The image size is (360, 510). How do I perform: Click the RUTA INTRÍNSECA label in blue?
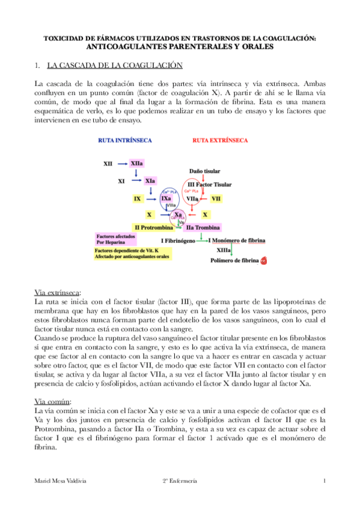tap(125, 140)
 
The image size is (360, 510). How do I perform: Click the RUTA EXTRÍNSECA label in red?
tap(219, 140)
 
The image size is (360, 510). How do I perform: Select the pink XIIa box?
tap(136, 163)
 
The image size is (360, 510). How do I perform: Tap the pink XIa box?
tap(150, 180)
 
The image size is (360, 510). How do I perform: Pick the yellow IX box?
tap(138, 198)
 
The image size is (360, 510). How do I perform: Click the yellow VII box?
tap(216, 198)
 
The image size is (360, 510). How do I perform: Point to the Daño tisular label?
tap(204, 171)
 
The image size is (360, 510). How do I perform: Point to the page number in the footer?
tap(323, 481)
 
